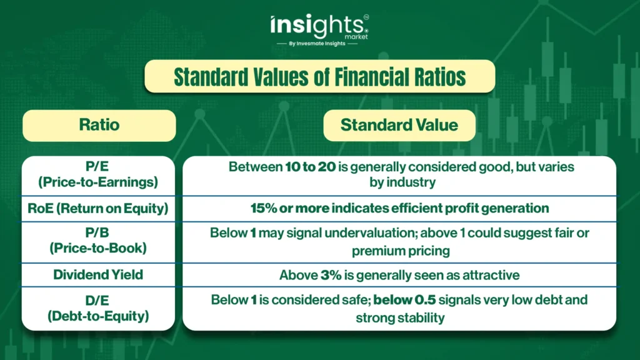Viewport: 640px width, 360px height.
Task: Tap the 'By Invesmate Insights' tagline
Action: click(317, 44)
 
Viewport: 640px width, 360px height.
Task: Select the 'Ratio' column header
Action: click(99, 125)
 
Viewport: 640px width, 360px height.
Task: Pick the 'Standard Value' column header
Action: click(399, 125)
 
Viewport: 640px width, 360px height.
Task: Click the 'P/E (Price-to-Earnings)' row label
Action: click(98, 174)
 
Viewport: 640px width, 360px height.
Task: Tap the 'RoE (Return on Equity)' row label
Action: click(98, 209)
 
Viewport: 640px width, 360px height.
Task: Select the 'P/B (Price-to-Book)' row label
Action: click(98, 241)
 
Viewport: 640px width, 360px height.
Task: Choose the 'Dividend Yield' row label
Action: click(98, 275)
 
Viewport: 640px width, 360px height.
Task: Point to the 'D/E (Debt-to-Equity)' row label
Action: click(98, 308)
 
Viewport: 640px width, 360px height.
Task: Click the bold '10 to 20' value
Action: click(310, 166)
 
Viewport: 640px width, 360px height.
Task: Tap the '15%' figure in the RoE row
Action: click(264, 208)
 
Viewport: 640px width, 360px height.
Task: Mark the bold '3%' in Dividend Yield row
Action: click(331, 275)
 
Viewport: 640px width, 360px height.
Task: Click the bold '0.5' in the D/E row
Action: click(425, 300)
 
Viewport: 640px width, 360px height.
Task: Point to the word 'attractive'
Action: click(491, 275)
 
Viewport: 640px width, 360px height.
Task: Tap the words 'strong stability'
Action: click(400, 317)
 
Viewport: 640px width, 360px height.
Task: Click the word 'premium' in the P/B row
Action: click(375, 251)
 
